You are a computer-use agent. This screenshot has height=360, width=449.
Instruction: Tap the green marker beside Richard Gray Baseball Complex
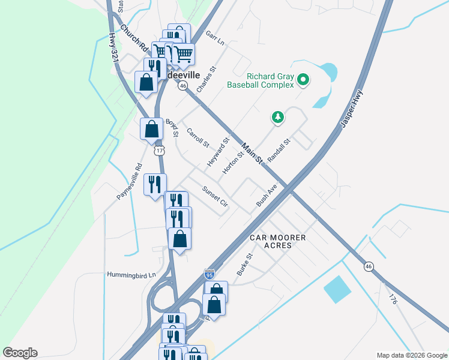pos(304,79)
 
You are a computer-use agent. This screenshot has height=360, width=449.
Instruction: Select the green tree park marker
pos(277,117)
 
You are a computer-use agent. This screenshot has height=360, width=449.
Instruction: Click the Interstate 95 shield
pos(209,275)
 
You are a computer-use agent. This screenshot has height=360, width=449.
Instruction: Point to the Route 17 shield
pos(158,151)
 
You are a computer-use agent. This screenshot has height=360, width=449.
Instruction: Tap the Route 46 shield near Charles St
pos(183,86)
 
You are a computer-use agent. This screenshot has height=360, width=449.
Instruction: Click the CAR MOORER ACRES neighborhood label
pos(278,242)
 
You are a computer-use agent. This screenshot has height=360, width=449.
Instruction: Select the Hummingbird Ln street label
pos(131,275)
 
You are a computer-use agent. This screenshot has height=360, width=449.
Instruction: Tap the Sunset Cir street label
pos(215,196)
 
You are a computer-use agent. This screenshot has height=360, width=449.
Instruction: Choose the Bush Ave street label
pos(267,196)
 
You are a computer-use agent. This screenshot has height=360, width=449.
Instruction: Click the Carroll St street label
pos(197,138)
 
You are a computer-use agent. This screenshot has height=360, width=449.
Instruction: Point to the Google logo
pos(20,353)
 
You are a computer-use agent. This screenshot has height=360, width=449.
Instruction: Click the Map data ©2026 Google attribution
pos(411,355)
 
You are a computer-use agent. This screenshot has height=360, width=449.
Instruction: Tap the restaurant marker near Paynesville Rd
pos(155,184)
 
